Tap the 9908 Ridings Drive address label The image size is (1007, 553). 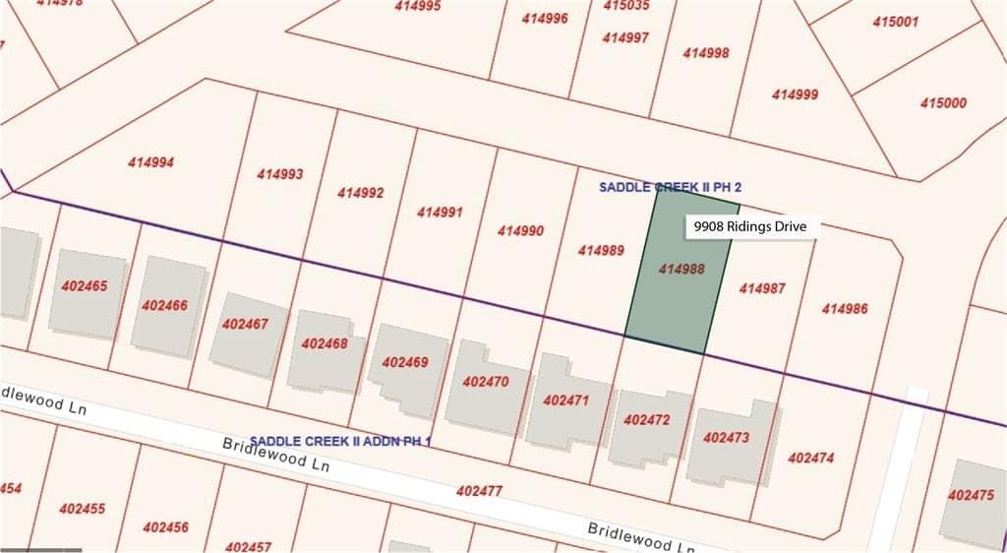click(x=750, y=226)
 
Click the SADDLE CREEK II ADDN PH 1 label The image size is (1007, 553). click(x=340, y=441)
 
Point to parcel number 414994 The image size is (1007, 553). click(x=150, y=162)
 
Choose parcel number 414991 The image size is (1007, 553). click(x=440, y=212)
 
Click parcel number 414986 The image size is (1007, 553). click(x=845, y=308)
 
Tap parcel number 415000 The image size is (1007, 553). click(x=943, y=102)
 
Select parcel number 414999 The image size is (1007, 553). click(x=795, y=94)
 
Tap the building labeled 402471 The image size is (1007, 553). click(x=565, y=401)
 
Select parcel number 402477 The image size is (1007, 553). click(x=479, y=490)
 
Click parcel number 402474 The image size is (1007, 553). click(x=811, y=458)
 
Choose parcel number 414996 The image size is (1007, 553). click(x=545, y=18)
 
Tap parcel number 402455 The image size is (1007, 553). click(x=83, y=509)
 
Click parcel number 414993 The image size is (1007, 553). click(x=280, y=174)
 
